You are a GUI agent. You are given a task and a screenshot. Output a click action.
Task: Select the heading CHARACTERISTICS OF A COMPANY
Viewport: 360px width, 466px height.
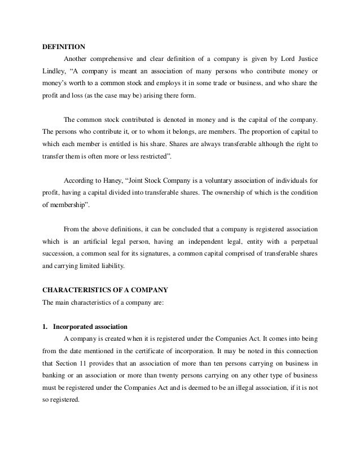(x=105, y=291)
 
